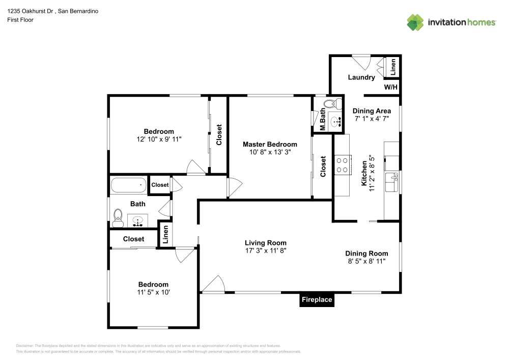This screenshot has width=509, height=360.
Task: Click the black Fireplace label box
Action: (x=317, y=299)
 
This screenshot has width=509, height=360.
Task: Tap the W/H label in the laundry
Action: (x=390, y=87)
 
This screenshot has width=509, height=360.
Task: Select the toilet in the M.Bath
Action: (x=333, y=104)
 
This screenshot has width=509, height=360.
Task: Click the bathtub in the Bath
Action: (x=129, y=185)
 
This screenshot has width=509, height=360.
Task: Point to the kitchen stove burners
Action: (x=342, y=165)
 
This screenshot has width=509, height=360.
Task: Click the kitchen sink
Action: (x=392, y=182)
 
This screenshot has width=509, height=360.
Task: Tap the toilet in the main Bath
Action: (x=118, y=218)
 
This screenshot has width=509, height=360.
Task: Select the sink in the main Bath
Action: (x=137, y=221)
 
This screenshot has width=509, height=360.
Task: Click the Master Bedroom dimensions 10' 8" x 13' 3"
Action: (x=270, y=152)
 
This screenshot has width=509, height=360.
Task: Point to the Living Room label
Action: (x=266, y=243)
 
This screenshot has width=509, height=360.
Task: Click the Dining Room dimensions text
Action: (x=366, y=261)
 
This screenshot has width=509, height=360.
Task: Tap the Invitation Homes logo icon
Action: (x=415, y=22)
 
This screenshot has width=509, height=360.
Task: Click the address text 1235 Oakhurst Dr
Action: (x=30, y=11)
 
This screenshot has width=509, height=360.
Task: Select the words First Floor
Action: (x=20, y=20)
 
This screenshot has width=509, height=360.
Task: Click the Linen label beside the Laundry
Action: (x=393, y=67)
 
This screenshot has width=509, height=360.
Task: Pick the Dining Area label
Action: (x=372, y=111)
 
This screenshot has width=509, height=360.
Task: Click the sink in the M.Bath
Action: (x=335, y=121)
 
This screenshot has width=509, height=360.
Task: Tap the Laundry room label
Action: (x=361, y=77)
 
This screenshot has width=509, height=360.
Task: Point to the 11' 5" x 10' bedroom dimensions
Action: (x=153, y=292)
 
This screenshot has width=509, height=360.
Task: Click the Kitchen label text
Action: (x=364, y=174)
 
